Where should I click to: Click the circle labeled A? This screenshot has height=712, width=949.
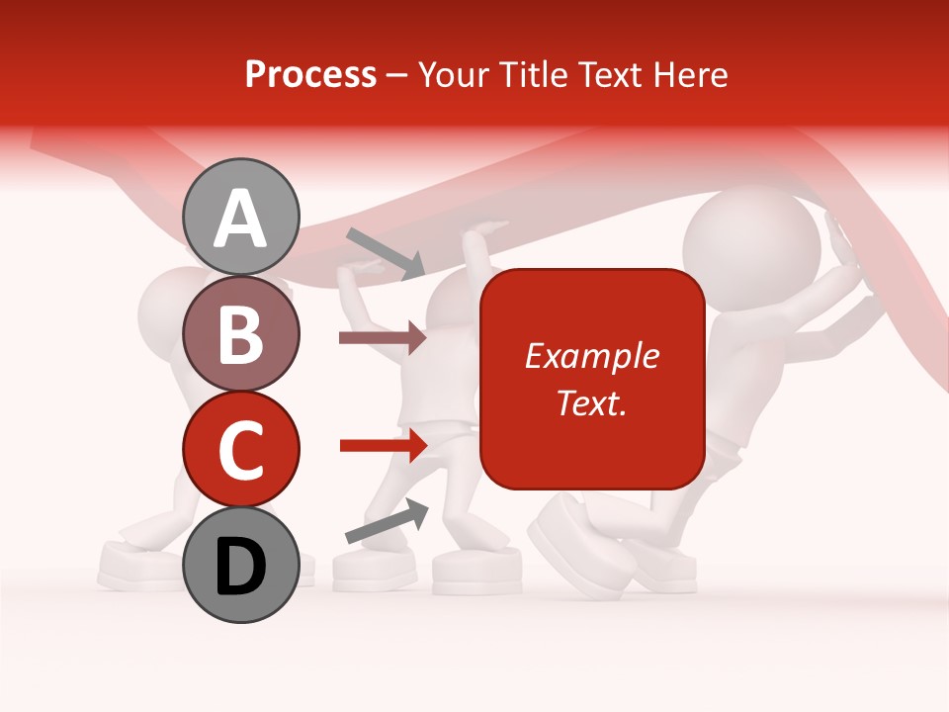(x=241, y=216)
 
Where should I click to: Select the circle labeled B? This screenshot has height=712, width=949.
(x=241, y=333)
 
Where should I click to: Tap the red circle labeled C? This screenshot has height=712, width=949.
(x=241, y=448)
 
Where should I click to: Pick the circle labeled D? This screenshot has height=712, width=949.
(x=241, y=564)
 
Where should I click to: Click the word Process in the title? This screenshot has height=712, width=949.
(x=310, y=74)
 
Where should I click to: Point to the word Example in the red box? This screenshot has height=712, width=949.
(x=591, y=356)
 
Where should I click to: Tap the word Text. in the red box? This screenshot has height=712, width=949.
(x=591, y=402)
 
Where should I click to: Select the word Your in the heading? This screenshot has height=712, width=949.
(x=456, y=74)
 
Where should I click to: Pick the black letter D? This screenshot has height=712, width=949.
(x=241, y=567)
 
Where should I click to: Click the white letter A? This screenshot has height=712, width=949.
(x=241, y=219)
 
